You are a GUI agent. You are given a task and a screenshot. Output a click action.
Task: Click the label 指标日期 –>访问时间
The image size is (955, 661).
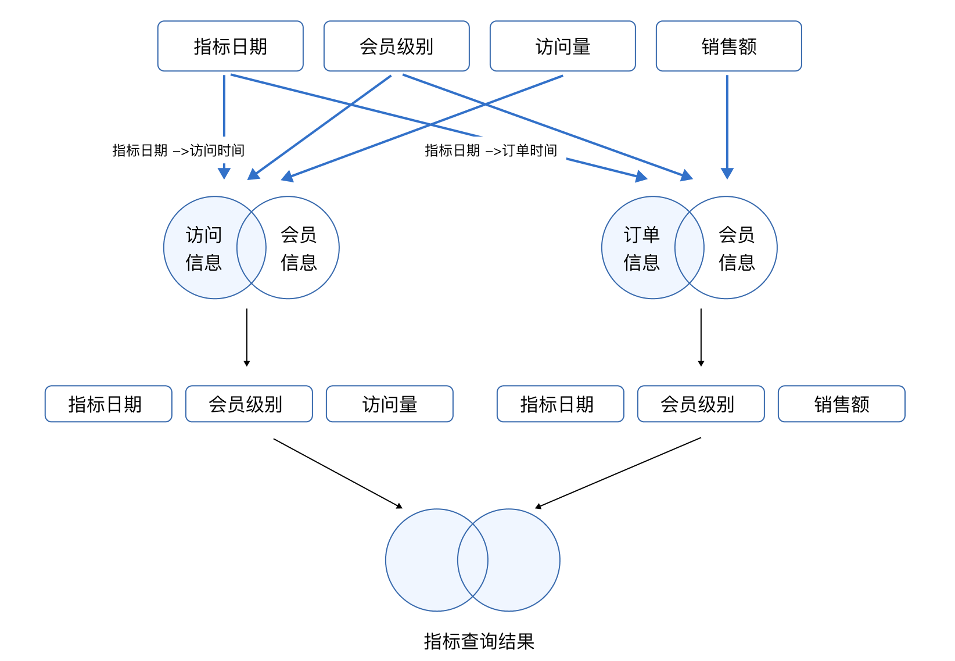pos(178,150)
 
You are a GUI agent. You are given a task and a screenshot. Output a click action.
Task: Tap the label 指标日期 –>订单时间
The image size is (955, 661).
pos(490,150)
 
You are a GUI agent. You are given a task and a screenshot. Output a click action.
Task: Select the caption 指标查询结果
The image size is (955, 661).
pos(479,641)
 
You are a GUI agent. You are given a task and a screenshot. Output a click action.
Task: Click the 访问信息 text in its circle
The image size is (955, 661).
pos(203,249)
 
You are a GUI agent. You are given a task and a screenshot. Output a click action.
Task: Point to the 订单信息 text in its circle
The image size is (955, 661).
pos(641,249)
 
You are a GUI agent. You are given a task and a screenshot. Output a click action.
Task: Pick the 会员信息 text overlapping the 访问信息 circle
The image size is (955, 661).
pos(299,249)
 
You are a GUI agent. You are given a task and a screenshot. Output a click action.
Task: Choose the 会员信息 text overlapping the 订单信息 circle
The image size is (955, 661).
pos(737,249)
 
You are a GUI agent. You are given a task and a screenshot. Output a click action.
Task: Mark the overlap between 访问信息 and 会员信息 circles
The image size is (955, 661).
pos(252,248)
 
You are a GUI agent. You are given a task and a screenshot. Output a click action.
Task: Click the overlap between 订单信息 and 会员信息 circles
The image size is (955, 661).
pos(690,248)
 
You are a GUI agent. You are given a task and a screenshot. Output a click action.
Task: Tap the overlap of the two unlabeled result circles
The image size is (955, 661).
pos(473,560)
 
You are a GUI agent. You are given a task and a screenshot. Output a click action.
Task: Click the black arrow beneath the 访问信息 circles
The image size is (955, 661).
pos(247,337)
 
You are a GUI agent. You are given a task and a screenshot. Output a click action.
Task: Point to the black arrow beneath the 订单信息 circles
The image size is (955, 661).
pos(701,337)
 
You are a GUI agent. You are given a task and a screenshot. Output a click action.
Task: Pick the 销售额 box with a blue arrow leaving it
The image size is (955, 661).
pos(728,46)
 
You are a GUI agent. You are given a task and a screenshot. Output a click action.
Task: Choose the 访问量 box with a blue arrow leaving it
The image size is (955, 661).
pos(562,46)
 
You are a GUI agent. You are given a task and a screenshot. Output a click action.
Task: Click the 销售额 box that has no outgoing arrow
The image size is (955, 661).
pos(841,404)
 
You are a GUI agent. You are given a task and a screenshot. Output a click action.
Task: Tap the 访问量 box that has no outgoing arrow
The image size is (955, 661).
pos(389,404)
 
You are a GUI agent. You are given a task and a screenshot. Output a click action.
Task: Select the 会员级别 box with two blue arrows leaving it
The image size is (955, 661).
pos(396,46)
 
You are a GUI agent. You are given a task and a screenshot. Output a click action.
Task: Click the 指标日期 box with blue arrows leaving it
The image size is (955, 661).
pos(230,46)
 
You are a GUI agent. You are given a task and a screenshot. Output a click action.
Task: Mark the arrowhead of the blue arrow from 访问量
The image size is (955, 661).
pos(288,177)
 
